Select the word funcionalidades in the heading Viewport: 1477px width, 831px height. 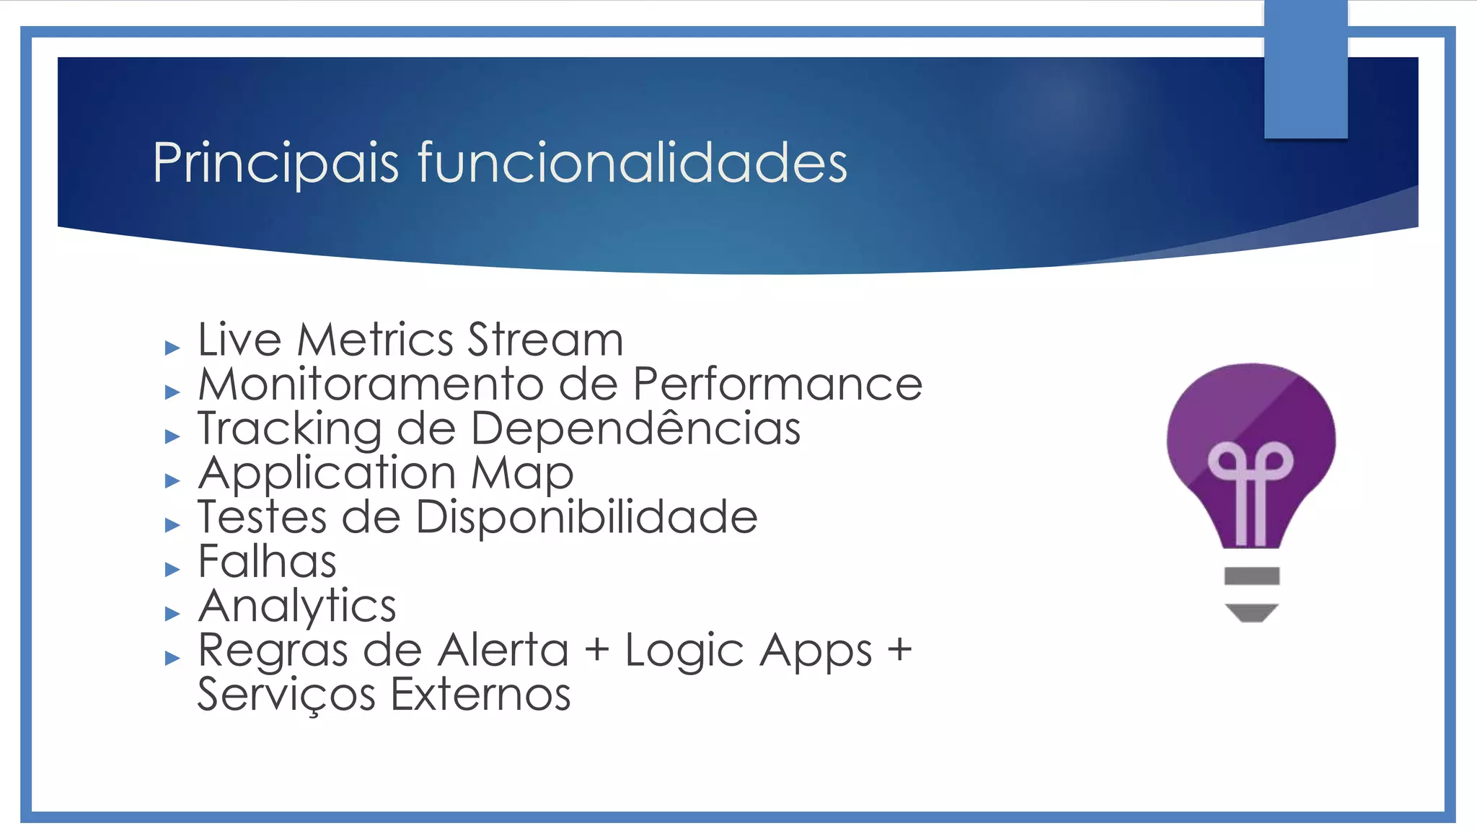(632, 163)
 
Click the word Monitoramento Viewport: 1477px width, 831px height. (371, 384)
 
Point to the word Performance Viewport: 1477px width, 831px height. (777, 384)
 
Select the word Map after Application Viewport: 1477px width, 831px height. (522, 474)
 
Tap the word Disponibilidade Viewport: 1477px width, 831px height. (586, 517)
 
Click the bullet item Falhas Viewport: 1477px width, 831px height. (267, 561)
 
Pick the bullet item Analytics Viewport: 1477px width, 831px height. (297, 606)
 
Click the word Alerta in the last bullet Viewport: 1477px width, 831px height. (503, 650)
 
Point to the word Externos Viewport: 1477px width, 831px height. (480, 695)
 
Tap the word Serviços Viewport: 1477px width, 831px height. (286, 695)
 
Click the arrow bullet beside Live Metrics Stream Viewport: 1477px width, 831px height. (172, 348)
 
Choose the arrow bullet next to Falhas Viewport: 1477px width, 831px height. (172, 570)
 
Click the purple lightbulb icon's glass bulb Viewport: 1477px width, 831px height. (1251, 433)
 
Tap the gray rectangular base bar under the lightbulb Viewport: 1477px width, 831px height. (1251, 576)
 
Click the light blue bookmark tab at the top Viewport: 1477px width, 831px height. (1305, 69)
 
